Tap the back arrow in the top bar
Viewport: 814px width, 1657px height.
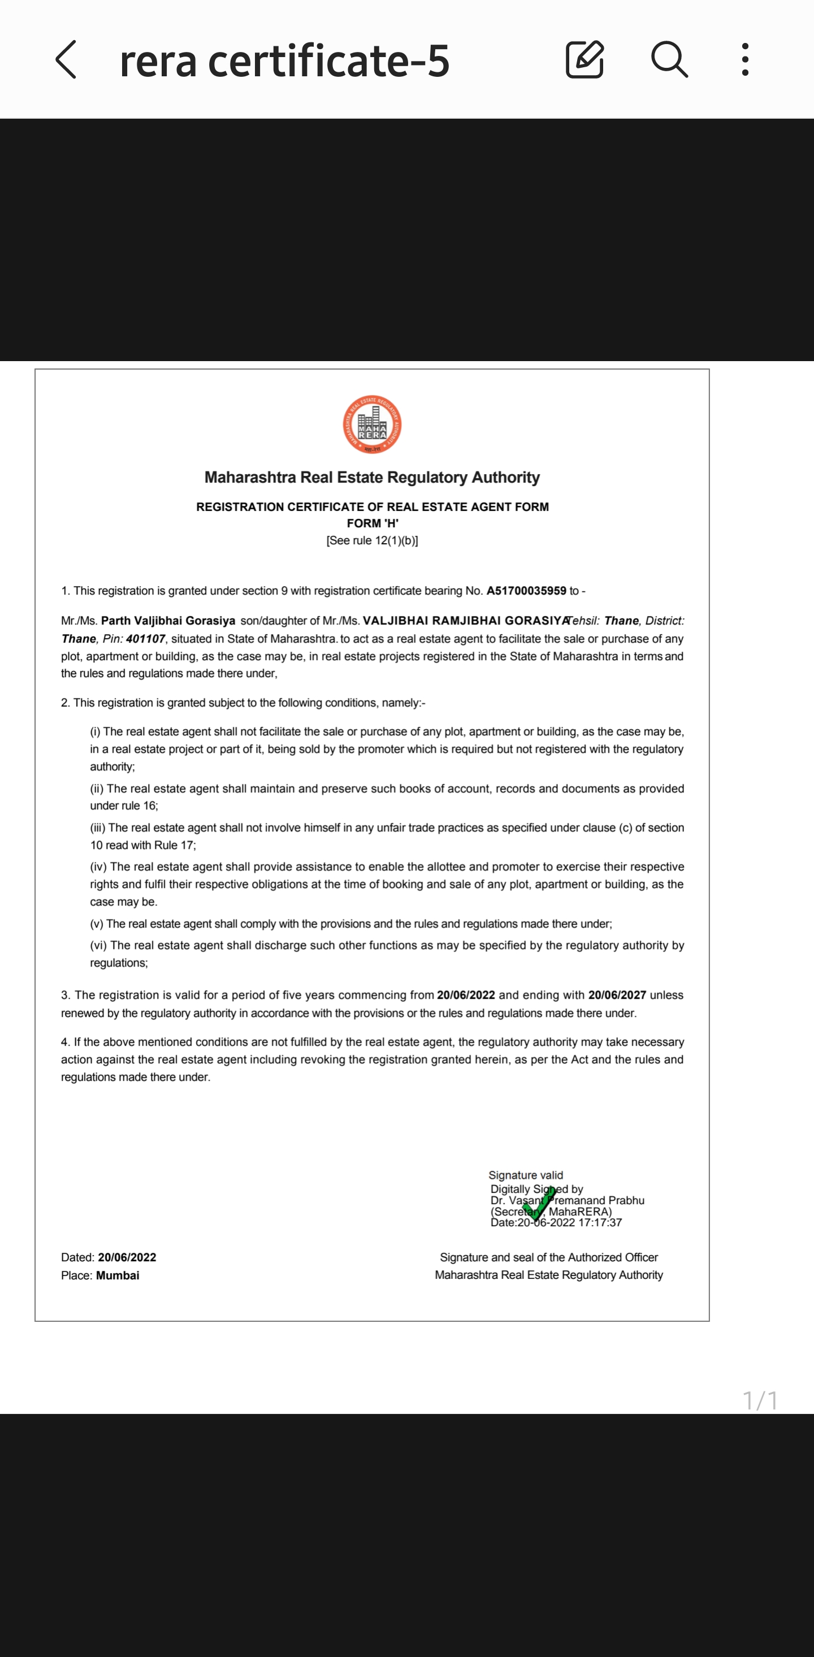pos(66,59)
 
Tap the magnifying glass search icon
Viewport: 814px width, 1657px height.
pos(669,59)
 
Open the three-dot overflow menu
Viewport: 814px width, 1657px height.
pos(744,59)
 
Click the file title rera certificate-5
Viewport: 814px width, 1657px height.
pos(284,61)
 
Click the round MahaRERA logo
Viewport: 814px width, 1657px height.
pos(372,424)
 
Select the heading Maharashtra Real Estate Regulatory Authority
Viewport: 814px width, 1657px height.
pos(372,478)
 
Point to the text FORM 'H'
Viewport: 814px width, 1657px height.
pos(372,523)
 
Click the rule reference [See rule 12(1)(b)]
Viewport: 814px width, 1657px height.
pos(372,540)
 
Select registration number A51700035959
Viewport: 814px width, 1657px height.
pos(526,591)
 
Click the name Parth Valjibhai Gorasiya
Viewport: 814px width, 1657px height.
pos(168,621)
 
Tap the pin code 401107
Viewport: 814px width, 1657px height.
pos(145,639)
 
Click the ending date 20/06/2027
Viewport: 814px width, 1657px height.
pos(617,995)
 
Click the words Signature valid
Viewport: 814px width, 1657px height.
pos(525,1175)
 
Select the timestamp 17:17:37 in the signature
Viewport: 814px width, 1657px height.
pos(600,1223)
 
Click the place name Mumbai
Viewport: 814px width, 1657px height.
pos(117,1276)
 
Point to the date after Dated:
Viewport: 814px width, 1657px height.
pos(127,1257)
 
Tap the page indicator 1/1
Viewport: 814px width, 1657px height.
pos(760,1400)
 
